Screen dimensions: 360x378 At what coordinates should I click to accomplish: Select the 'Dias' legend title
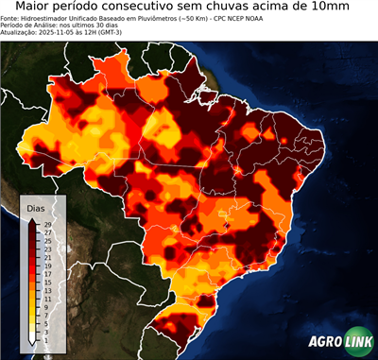[36, 207]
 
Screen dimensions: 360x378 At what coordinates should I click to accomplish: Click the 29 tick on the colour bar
[46, 224]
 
